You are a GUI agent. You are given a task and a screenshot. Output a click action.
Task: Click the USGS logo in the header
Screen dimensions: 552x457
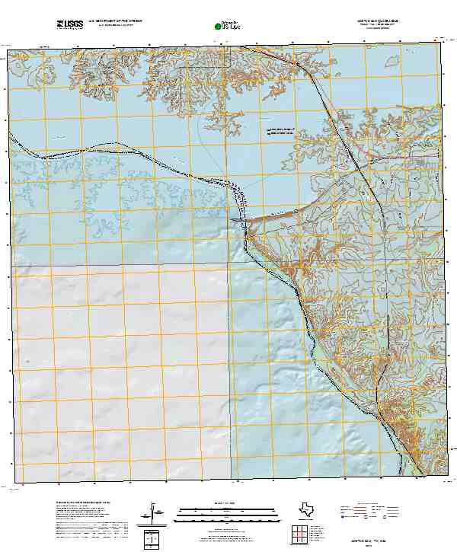click(69, 25)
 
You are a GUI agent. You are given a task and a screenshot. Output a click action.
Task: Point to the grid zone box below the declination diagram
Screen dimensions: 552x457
click(152, 539)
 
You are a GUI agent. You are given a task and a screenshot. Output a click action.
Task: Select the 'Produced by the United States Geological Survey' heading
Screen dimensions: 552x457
click(84, 503)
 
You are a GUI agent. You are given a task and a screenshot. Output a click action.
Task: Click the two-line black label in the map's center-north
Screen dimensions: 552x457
click(280, 132)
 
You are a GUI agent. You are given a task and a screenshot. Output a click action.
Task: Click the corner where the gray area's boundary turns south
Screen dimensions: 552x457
click(230, 265)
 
